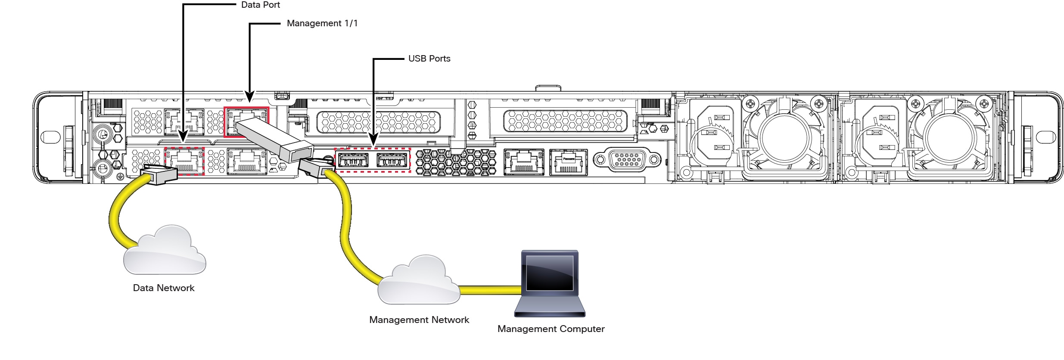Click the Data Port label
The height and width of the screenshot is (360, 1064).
pyautogui.click(x=260, y=5)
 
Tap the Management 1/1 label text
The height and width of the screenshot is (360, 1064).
pyautogui.click(x=322, y=23)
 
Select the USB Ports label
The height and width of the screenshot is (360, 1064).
pyautogui.click(x=429, y=59)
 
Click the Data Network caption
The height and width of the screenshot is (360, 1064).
pyautogui.click(x=164, y=288)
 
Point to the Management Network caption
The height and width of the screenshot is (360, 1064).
pyautogui.click(x=419, y=320)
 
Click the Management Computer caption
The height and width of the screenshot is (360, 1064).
pyautogui.click(x=551, y=329)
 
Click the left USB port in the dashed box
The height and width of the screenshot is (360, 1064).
pyautogui.click(x=353, y=160)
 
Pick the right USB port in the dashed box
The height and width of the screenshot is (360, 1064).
pyautogui.click(x=392, y=160)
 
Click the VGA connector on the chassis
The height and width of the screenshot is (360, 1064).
pyautogui.click(x=627, y=159)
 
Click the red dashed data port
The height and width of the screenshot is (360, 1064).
pyautogui.click(x=184, y=161)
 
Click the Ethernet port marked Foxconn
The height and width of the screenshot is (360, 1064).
pyautogui.click(x=569, y=162)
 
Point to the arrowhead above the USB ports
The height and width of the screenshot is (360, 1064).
pyautogui.click(x=373, y=141)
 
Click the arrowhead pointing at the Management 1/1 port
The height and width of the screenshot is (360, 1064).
pyautogui.click(x=250, y=97)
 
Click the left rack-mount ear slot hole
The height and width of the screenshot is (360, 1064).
pyautogui.click(x=50, y=137)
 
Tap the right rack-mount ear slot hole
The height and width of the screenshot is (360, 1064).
pyautogui.click(x=1046, y=137)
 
